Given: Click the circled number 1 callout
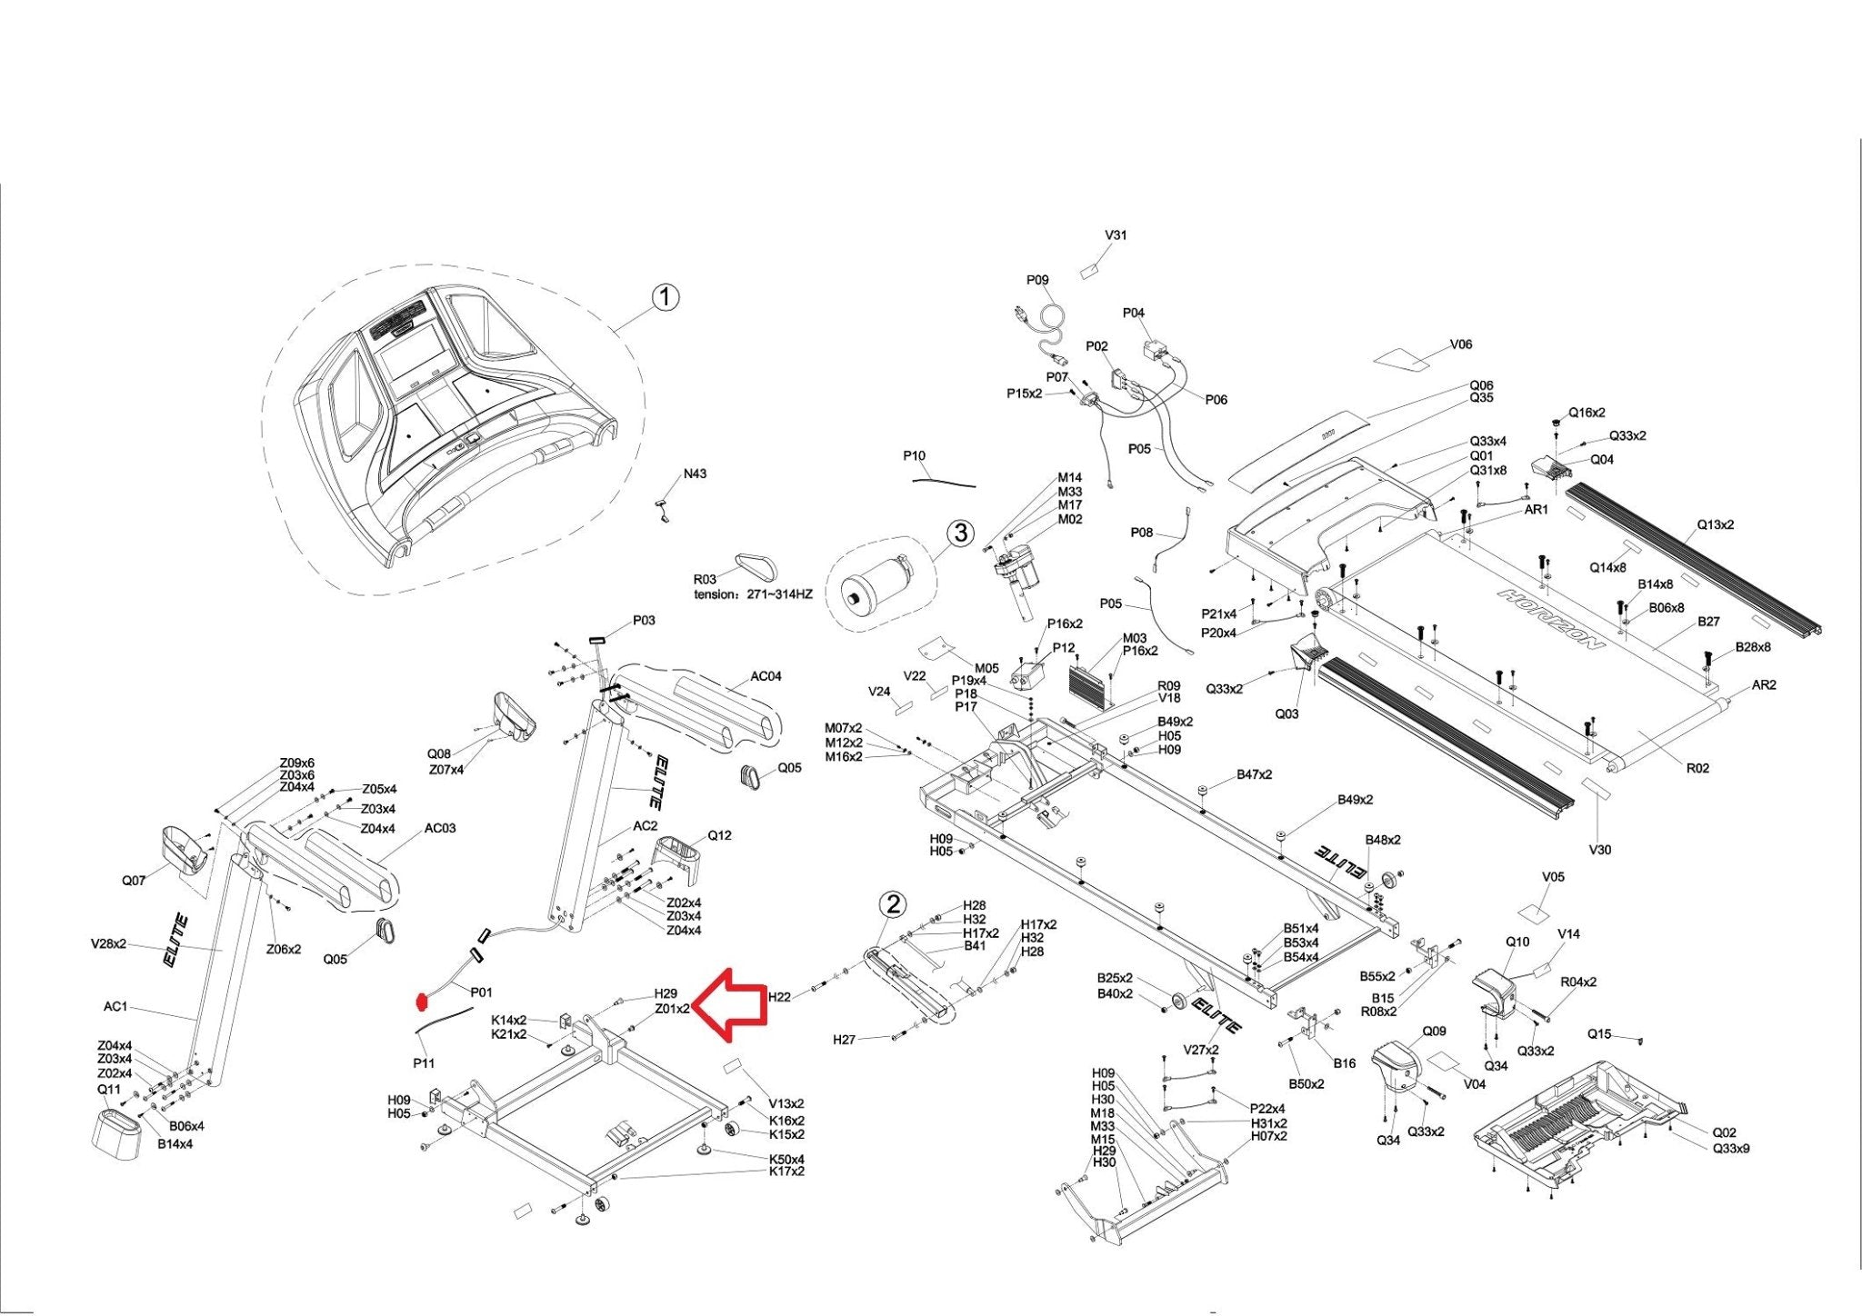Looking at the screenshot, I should coord(666,297).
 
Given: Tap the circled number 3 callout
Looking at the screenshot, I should coord(961,533).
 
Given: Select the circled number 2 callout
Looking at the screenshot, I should coord(894,903).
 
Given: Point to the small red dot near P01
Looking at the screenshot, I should coord(420,1002).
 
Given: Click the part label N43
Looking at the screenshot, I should coord(695,474).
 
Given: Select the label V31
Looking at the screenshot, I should coord(1116,234).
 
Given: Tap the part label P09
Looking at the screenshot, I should coord(1037,280).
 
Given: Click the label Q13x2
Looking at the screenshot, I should coord(1715,524).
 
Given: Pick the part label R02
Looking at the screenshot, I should coord(1697,768).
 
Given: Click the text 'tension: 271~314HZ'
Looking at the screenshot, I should coord(753,594).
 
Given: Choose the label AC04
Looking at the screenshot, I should coord(766,676).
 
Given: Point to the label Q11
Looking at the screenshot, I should coord(108,1089).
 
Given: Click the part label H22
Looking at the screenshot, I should coord(779,997).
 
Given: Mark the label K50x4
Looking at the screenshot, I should coord(786,1159).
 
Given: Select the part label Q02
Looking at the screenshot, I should coord(1724,1132).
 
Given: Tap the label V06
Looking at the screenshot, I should coord(1460,344).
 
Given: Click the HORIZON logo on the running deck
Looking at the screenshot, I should coord(1552,619).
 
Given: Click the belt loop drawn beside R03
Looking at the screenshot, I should coord(757,566).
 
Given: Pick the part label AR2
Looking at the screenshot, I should coord(1763,684).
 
